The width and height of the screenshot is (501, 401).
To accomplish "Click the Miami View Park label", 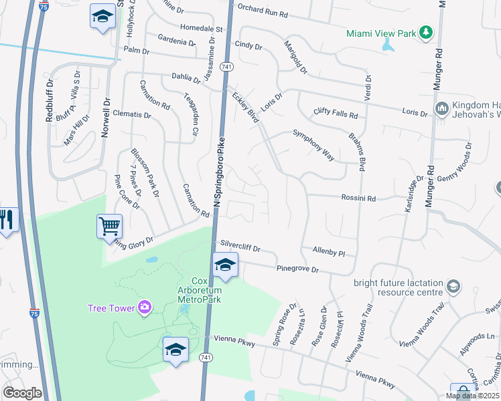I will pyautogui.click(x=380, y=33).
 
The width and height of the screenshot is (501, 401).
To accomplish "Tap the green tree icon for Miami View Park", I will pyautogui.click(x=425, y=33).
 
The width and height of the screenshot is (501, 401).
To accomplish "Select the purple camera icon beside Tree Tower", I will pyautogui.click(x=144, y=307).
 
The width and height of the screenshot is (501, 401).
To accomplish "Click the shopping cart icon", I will pyautogui.click(x=109, y=225).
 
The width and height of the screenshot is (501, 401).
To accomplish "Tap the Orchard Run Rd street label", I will pyautogui.click(x=263, y=13).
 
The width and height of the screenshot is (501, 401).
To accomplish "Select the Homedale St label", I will pyautogui.click(x=202, y=29).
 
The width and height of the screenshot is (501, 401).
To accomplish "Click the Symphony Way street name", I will pyautogui.click(x=313, y=144).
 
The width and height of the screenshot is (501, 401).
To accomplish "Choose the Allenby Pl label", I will pyautogui.click(x=328, y=252).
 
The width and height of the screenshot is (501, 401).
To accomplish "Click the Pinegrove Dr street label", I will pyautogui.click(x=297, y=269).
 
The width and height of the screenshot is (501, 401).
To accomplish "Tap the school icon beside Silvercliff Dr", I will pyautogui.click(x=226, y=265).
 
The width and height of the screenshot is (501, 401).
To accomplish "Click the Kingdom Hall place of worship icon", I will pyautogui.click(x=441, y=108).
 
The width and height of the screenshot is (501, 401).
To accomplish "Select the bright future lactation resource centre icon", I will pyautogui.click(x=453, y=287).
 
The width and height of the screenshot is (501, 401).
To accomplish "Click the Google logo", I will pyautogui.click(x=22, y=392).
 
